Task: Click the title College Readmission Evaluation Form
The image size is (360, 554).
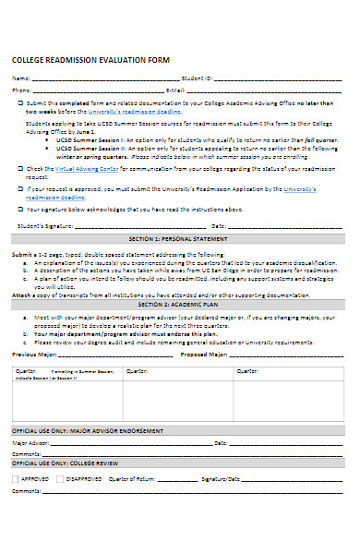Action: point(90,60)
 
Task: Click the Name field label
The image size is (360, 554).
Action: point(20,78)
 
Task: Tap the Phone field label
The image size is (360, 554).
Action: point(20,91)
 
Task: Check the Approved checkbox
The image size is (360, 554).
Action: point(16,479)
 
